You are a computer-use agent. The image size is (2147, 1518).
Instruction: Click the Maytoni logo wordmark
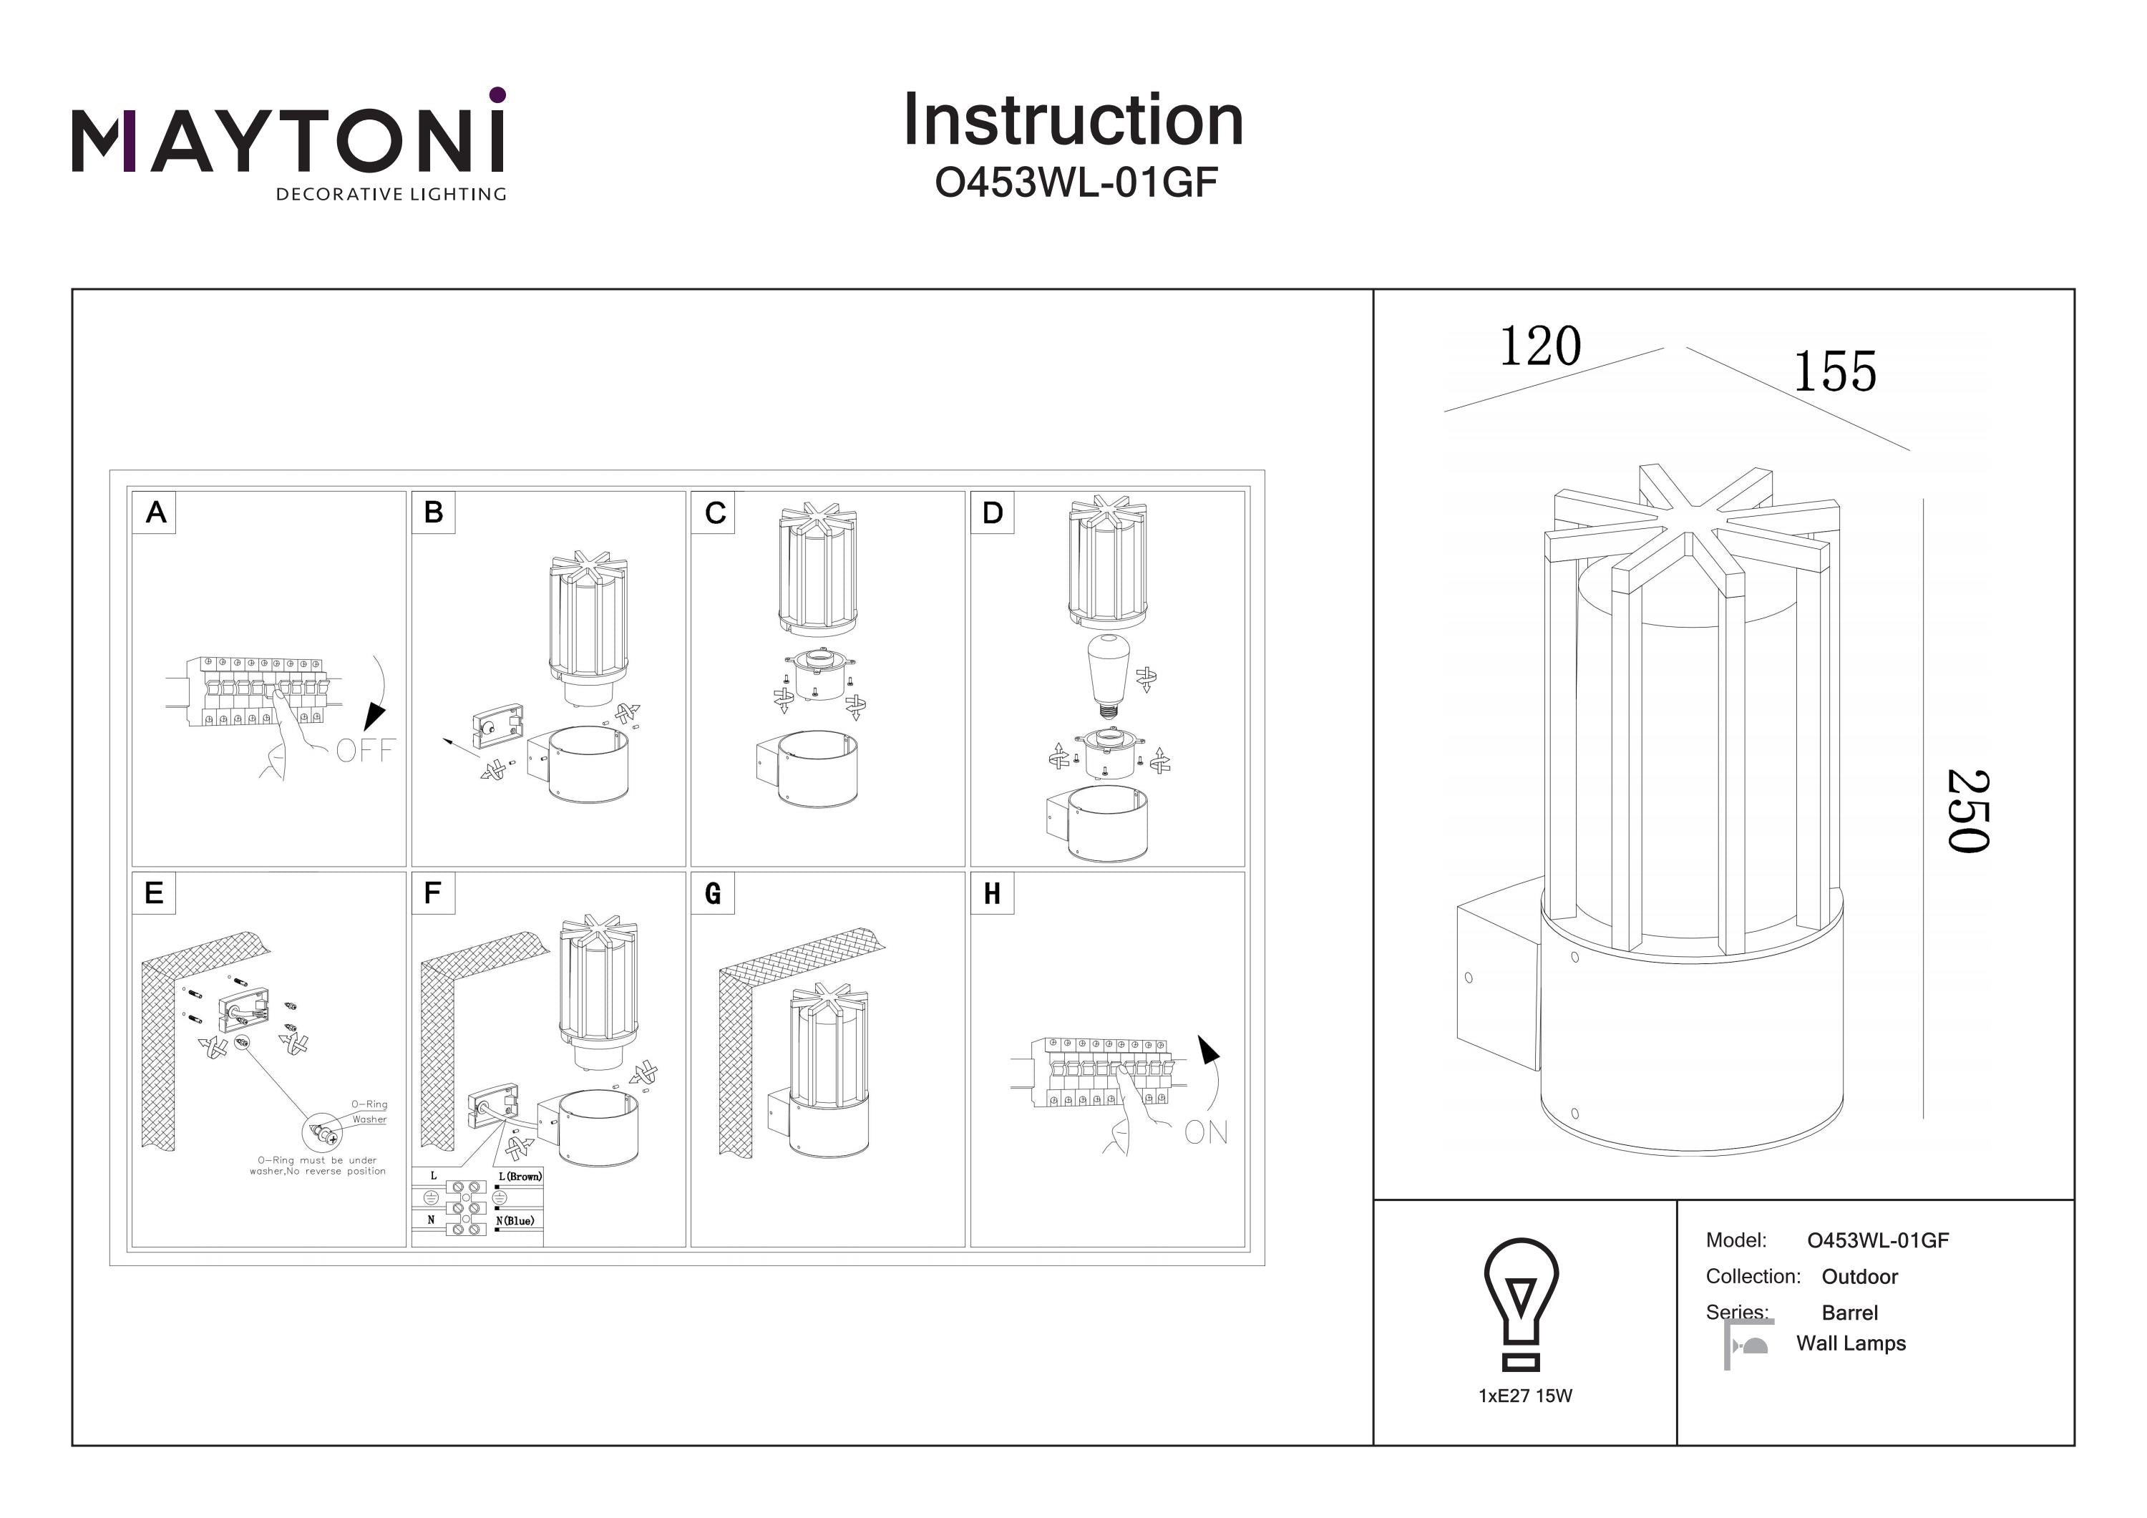[288, 140]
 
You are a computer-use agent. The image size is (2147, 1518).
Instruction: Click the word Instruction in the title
[1073, 121]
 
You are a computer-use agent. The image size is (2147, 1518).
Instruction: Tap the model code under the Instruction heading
[1076, 183]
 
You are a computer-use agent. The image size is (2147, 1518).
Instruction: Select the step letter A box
[155, 512]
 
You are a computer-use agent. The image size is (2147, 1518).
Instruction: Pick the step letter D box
[992, 512]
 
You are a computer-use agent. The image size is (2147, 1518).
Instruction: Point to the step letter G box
[713, 893]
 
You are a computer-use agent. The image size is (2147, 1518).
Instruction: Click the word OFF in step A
[366, 750]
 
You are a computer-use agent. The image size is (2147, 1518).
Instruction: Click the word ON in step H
[1205, 1133]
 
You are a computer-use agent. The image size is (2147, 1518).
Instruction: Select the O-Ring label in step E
[369, 1104]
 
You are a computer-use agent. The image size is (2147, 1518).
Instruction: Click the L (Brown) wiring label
[519, 1177]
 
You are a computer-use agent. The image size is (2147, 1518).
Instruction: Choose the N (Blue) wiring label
[515, 1220]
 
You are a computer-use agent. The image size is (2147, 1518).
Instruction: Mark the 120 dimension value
[1539, 347]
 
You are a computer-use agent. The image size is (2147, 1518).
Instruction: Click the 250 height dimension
[1967, 811]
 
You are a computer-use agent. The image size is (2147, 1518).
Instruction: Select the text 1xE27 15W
[1525, 1396]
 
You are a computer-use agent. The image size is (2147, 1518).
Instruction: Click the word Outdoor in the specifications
[1859, 1277]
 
